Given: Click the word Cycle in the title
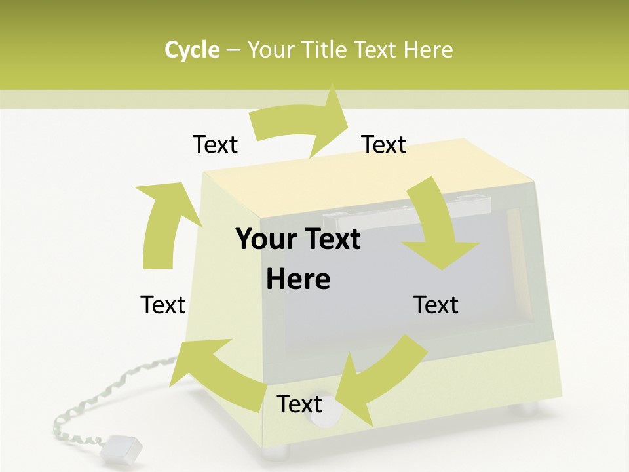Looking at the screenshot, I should (192, 50).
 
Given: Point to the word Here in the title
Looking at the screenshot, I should (428, 50).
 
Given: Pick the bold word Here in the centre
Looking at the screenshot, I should (298, 280).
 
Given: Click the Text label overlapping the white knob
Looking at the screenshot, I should (299, 404).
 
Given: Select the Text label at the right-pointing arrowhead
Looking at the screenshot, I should (384, 145).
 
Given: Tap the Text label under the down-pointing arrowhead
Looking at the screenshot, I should (436, 305).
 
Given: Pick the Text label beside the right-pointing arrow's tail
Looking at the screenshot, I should (215, 145).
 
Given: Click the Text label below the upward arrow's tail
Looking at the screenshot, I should (163, 305).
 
